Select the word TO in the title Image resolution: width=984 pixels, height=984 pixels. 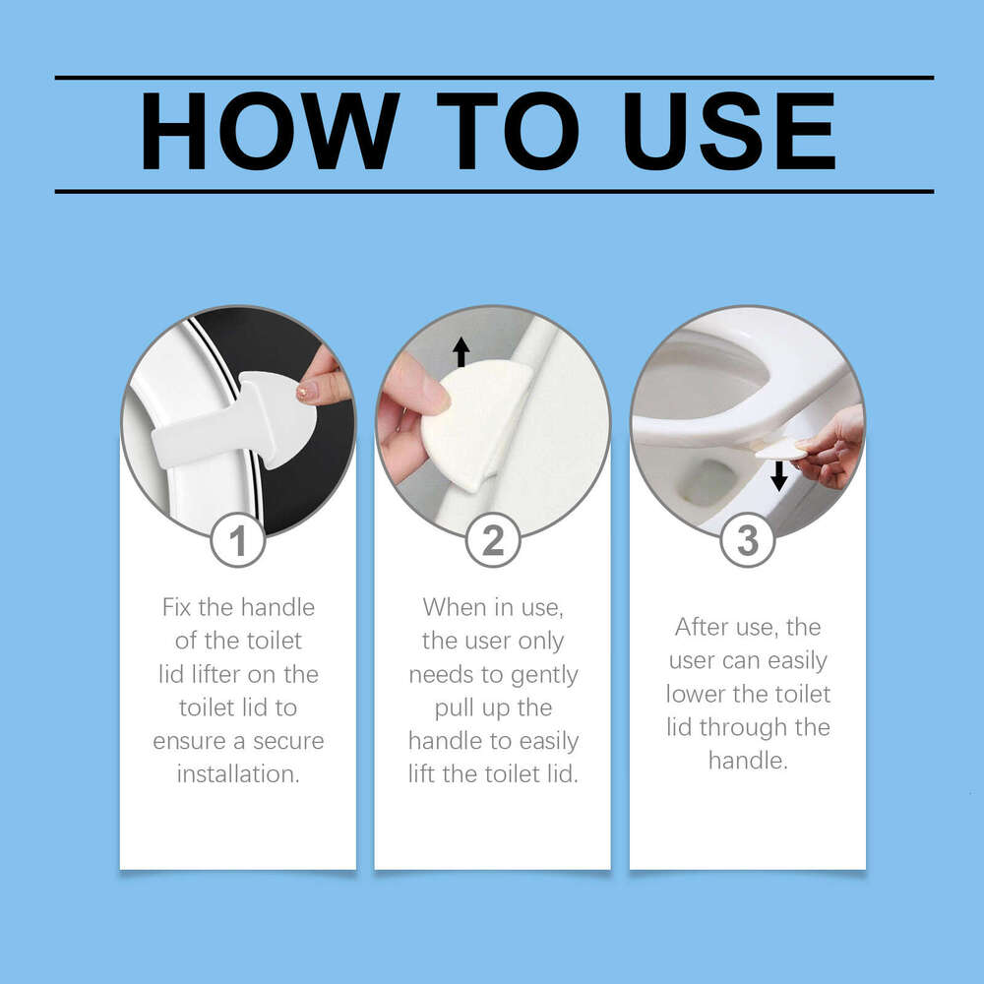(x=500, y=133)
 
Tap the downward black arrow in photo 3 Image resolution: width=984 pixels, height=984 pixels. (x=779, y=476)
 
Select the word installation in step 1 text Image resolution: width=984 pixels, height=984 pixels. (x=237, y=774)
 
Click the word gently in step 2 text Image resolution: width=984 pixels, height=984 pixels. (x=543, y=674)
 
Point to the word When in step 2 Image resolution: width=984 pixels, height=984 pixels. (x=455, y=607)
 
